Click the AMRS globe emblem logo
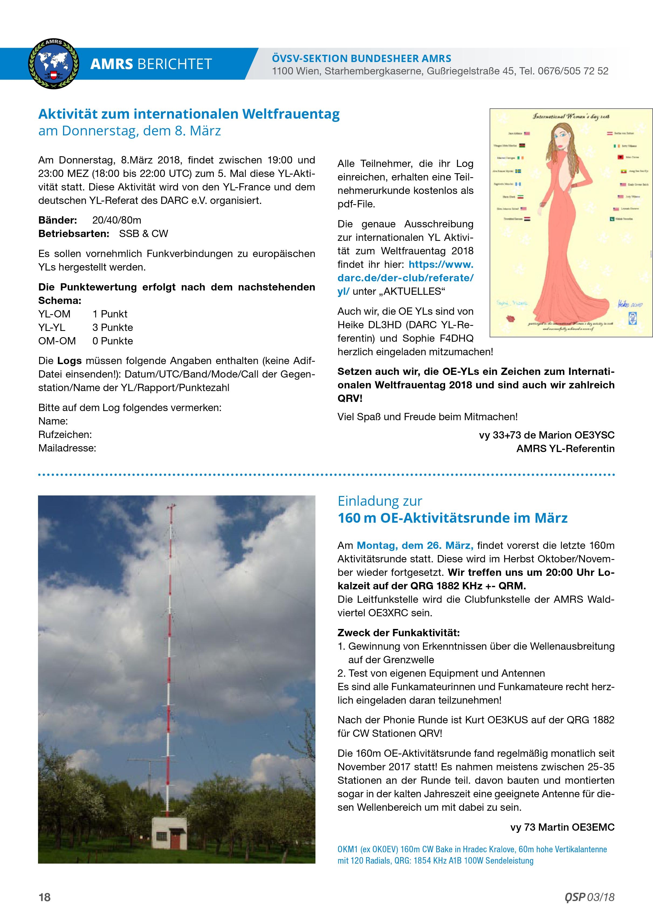coord(53,64)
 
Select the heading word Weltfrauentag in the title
coord(290,114)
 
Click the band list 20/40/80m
coord(117,220)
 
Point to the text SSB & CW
coord(143,234)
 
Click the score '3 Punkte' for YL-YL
coord(113,328)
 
